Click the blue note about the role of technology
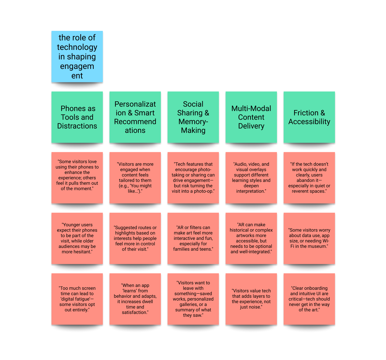(77, 57)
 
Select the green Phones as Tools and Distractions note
(77, 117)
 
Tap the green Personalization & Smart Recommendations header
(135, 117)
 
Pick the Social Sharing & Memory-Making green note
(193, 117)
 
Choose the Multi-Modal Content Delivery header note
(251, 117)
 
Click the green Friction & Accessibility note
(309, 117)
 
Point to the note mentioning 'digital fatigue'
(77, 299)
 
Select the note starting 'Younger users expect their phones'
(77, 238)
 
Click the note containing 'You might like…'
(135, 178)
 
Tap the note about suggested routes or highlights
(135, 238)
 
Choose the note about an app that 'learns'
(135, 299)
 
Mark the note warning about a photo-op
(193, 178)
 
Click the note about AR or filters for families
(193, 238)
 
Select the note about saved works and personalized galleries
(193, 299)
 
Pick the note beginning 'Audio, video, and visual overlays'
(251, 178)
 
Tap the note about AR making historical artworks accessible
(251, 238)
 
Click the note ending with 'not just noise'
(251, 299)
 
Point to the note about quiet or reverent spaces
(309, 178)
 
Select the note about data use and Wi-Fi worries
(309, 238)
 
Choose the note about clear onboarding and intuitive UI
(309, 299)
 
